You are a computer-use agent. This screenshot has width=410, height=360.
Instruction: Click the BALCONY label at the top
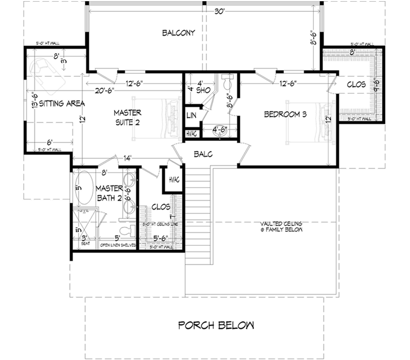click(178, 33)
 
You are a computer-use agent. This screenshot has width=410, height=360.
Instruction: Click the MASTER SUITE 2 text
click(127, 117)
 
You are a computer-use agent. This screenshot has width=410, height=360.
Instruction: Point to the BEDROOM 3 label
click(286, 115)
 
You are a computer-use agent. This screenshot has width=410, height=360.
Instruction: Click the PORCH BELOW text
click(215, 325)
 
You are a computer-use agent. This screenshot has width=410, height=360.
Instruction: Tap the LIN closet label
click(191, 115)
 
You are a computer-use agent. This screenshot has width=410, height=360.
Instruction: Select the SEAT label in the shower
click(86, 245)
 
